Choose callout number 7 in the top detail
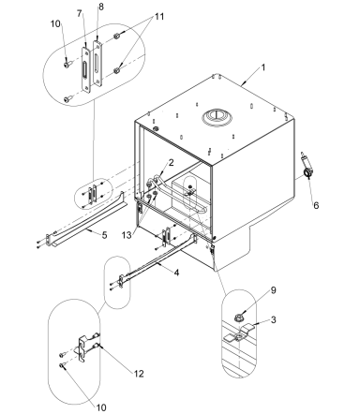(x=81, y=15)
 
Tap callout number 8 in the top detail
(x=100, y=7)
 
